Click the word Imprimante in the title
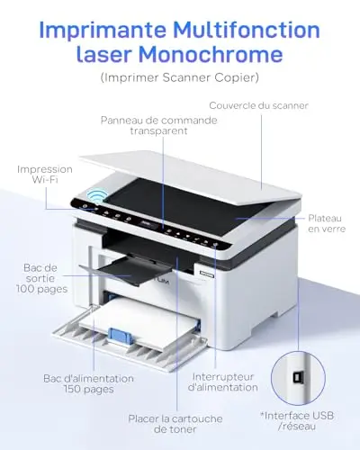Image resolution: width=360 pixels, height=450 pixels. [103, 31]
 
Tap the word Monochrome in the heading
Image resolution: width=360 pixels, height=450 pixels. [211, 54]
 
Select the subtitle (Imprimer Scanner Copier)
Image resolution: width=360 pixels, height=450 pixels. [180, 77]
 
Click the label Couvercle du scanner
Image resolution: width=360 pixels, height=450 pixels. [258, 105]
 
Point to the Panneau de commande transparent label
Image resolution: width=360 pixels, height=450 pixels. [159, 125]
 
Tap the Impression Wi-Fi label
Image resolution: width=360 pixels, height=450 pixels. [45, 175]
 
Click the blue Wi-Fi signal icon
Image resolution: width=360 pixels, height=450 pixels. [97, 196]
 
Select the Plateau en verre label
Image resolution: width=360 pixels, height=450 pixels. [327, 223]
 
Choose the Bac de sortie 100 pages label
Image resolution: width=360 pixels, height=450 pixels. [41, 278]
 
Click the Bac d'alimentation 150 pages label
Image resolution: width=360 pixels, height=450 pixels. [88, 383]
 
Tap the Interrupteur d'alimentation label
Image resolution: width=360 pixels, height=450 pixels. [223, 382]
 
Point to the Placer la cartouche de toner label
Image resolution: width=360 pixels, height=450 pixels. [175, 424]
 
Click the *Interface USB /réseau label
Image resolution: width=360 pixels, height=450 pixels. [297, 421]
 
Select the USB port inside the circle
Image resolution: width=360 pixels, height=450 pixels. [298, 378]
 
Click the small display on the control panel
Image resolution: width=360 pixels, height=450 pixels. [148, 224]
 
